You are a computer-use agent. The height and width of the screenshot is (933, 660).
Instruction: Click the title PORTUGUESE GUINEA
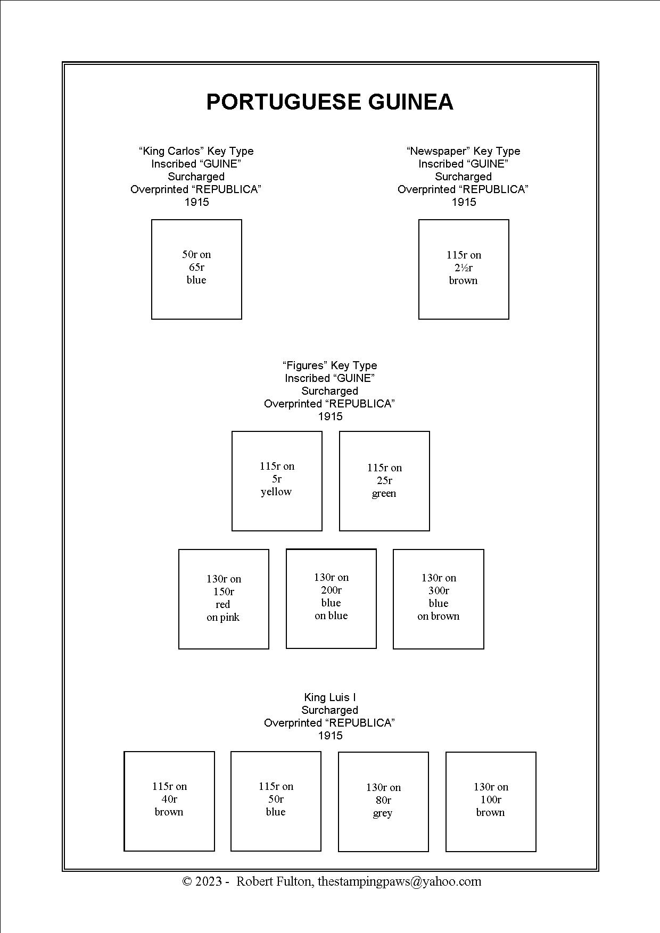[x=329, y=102]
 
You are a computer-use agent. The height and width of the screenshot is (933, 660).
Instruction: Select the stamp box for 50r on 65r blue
[x=196, y=269]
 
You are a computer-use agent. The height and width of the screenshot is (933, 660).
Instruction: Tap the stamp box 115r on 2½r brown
[x=464, y=269]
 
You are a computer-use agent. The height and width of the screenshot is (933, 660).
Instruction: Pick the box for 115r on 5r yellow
[x=277, y=481]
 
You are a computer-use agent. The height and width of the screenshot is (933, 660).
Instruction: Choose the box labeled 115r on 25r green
[x=384, y=481]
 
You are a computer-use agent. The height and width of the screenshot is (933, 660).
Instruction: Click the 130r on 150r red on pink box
[x=224, y=599]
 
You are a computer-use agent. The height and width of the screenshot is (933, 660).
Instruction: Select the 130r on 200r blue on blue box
[x=331, y=598]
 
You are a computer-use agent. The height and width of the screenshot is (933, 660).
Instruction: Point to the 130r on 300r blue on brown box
[x=439, y=599]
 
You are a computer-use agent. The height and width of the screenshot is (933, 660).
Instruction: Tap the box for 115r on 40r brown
[x=169, y=801]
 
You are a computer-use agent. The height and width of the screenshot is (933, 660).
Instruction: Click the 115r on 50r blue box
[x=276, y=801]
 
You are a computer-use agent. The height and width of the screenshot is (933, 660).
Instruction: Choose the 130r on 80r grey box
[x=383, y=802]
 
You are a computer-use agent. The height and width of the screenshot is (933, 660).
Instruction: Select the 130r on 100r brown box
[x=491, y=802]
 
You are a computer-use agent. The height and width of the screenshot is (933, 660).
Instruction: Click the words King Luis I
[x=330, y=697]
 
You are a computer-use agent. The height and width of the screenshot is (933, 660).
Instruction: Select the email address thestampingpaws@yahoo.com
[x=399, y=881]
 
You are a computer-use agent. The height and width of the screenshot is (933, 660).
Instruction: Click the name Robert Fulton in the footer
[x=275, y=881]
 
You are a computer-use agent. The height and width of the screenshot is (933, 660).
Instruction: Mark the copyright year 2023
[x=209, y=881]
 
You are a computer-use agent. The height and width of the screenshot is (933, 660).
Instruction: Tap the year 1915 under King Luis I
[x=330, y=736]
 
